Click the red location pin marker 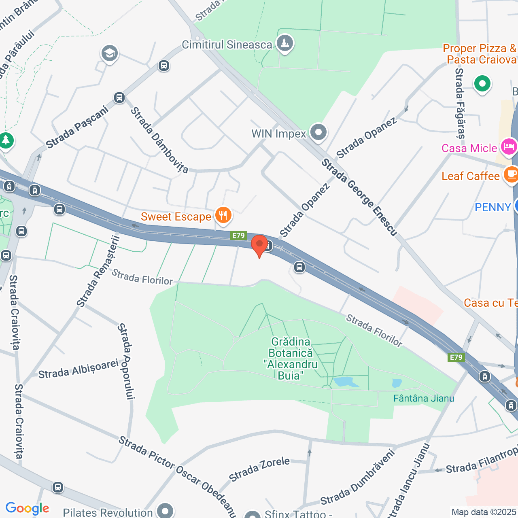coord(259,245)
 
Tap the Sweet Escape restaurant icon coord(223,215)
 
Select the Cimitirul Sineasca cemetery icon coord(285,43)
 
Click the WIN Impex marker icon coord(318,133)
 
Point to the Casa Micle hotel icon coord(509,146)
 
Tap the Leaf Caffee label coord(470,176)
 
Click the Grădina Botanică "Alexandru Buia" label coord(291,359)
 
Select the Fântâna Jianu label coord(423,398)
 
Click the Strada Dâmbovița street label coord(159,140)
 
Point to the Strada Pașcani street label coord(77,127)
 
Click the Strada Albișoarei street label coord(78,369)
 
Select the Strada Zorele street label coord(259,469)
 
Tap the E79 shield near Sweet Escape coord(238,236)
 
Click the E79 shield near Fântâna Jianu coord(456,357)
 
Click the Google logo coord(28,508)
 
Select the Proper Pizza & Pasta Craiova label coord(480,54)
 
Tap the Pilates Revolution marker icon coord(165,511)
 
